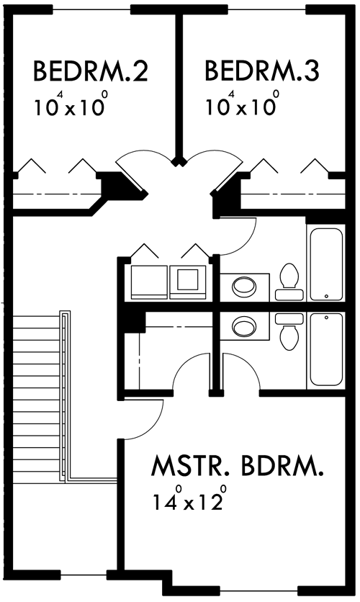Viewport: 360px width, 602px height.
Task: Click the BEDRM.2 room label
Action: (x=91, y=71)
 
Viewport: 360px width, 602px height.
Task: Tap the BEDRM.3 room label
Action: (x=262, y=71)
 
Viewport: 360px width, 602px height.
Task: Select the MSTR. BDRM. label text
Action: (x=238, y=466)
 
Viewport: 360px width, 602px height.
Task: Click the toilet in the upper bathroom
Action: (x=289, y=282)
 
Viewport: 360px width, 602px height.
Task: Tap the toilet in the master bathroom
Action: (x=289, y=331)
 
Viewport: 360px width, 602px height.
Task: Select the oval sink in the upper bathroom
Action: (x=244, y=286)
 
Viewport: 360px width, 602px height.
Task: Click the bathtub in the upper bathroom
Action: (x=326, y=264)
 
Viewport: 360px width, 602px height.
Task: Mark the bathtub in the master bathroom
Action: (x=326, y=349)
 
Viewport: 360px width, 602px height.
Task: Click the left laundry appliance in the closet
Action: (x=149, y=282)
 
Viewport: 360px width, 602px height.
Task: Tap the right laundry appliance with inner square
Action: (x=188, y=282)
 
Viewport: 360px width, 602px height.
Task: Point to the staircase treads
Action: (x=37, y=397)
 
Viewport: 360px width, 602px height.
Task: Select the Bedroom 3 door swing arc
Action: (x=223, y=153)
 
